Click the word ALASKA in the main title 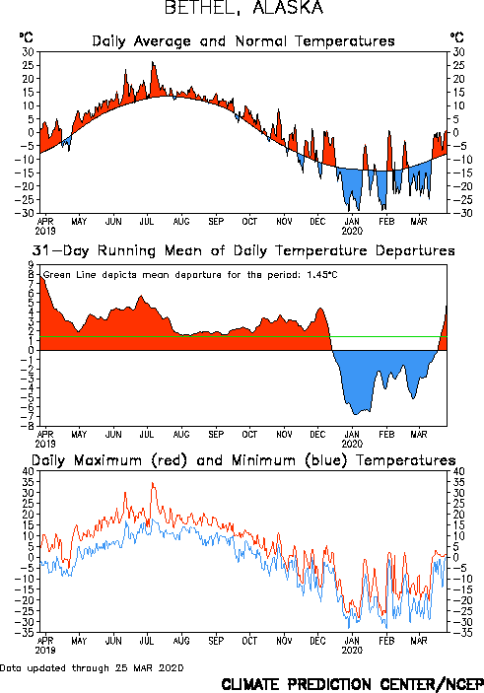[288, 8]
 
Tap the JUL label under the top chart [147, 222]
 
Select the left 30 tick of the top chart [29, 52]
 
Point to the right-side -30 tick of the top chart [456, 213]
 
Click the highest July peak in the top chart [153, 62]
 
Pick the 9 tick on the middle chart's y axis [31, 265]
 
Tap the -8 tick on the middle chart [29, 426]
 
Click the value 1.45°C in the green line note [322, 275]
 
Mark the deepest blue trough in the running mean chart [355, 414]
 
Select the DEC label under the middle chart [317, 435]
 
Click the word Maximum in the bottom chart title [107, 460]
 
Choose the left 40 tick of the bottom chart [29, 471]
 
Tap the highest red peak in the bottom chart [153, 483]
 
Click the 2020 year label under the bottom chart [352, 651]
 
